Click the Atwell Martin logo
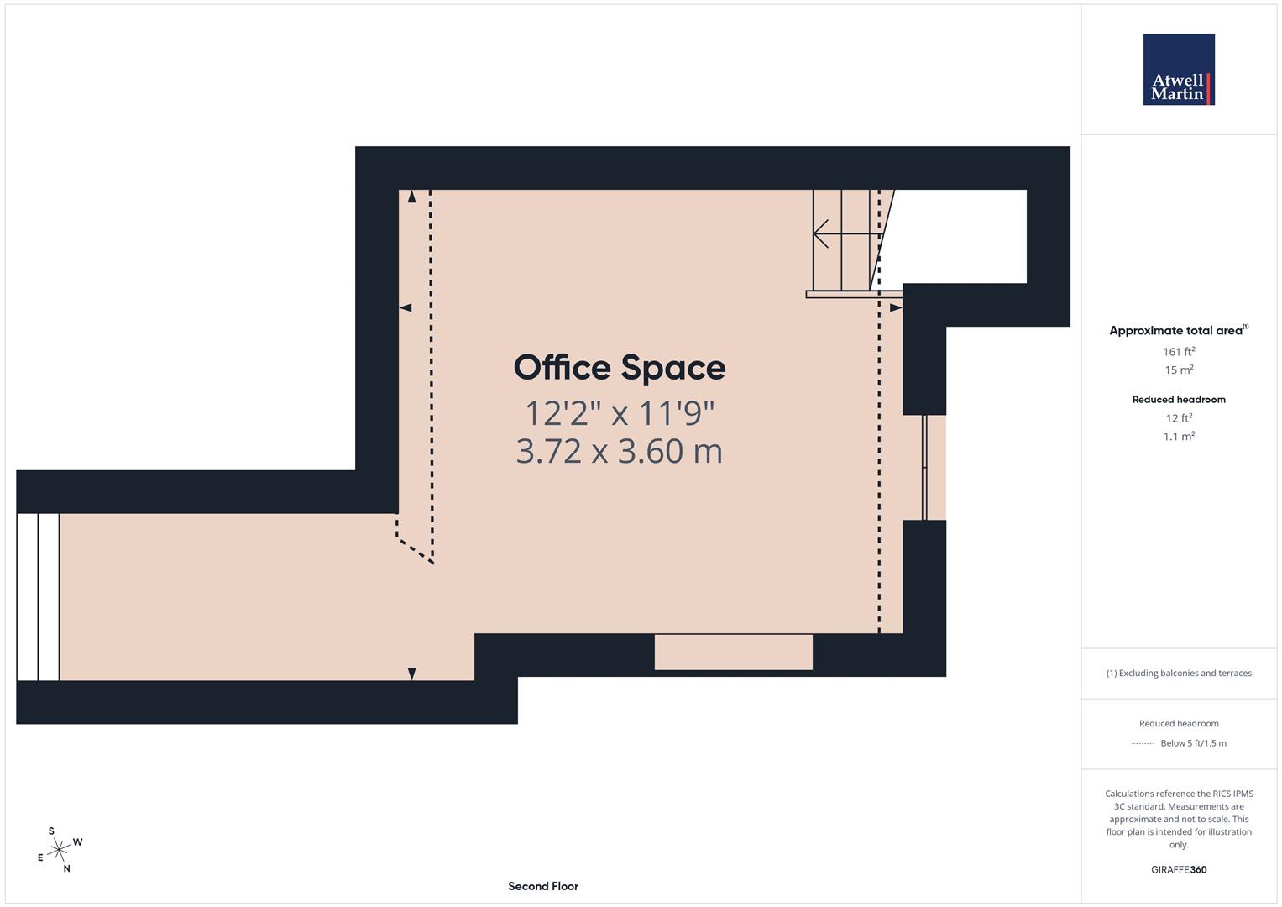[1179, 70]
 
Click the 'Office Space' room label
[620, 368]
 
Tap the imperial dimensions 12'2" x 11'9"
[620, 413]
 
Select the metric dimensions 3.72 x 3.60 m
[620, 451]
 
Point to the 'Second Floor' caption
[543, 886]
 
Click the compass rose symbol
[59, 851]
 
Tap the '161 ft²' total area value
[1179, 352]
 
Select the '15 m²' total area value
[1179, 370]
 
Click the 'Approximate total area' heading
[1177, 331]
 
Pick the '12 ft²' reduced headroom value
[1179, 418]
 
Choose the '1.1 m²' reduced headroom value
[1179, 437]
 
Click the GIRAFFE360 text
[1179, 870]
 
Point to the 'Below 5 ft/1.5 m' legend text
[1193, 743]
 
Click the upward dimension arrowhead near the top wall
[411, 197]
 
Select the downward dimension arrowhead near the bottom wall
[411, 674]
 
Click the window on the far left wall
[38, 596]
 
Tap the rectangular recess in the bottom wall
[733, 653]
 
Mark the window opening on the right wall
[925, 467]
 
